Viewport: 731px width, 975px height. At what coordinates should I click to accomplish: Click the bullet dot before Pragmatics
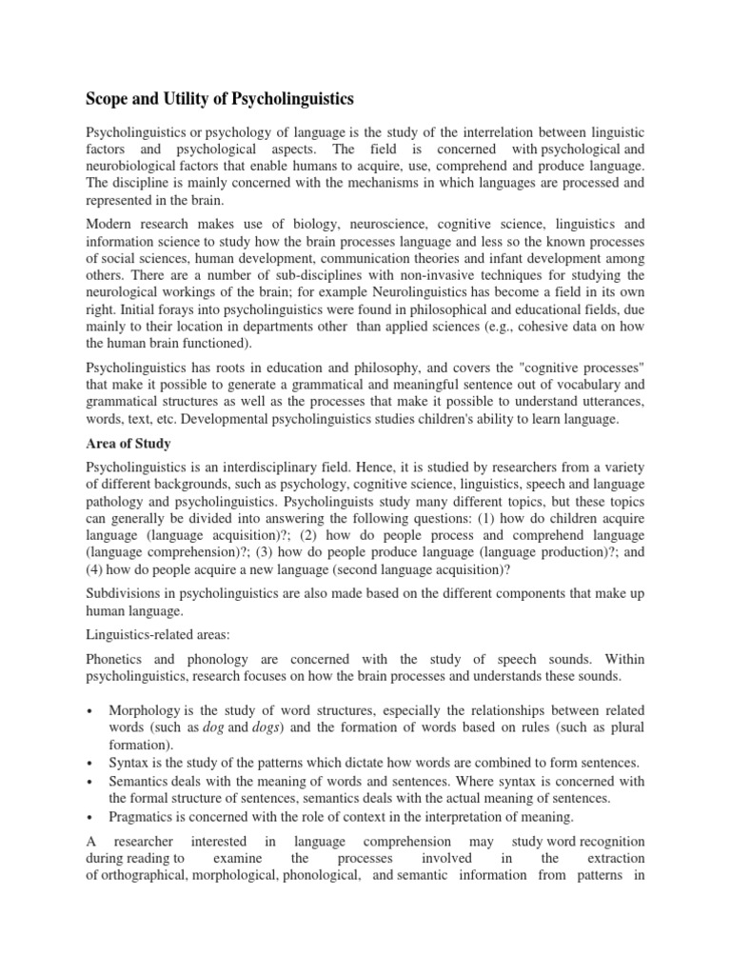tap(89, 816)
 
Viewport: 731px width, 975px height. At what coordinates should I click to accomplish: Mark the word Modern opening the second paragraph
tap(111, 224)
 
